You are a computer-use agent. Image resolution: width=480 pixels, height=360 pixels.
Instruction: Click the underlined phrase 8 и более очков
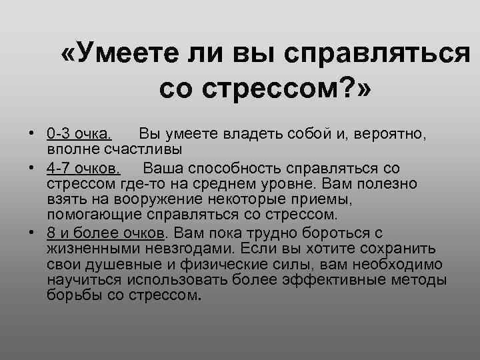[x=105, y=232]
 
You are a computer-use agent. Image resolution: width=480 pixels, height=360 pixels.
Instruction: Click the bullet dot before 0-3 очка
[x=32, y=135]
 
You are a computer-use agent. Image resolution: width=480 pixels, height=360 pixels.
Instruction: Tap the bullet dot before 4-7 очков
[x=32, y=168]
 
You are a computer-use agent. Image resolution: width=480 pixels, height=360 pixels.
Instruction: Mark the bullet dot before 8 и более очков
[x=32, y=232]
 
